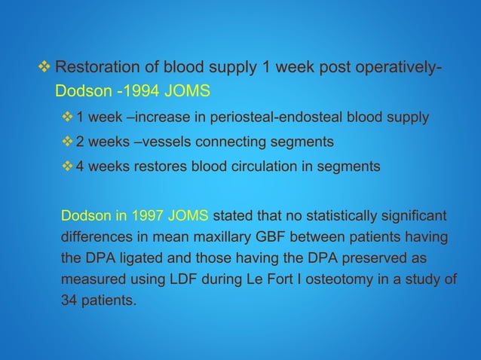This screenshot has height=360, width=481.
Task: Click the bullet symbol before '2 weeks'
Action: pyautogui.click(x=68, y=142)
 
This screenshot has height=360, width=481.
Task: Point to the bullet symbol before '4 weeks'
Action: pyautogui.click(x=68, y=166)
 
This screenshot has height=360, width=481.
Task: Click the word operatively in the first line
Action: pyautogui.click(x=394, y=70)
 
